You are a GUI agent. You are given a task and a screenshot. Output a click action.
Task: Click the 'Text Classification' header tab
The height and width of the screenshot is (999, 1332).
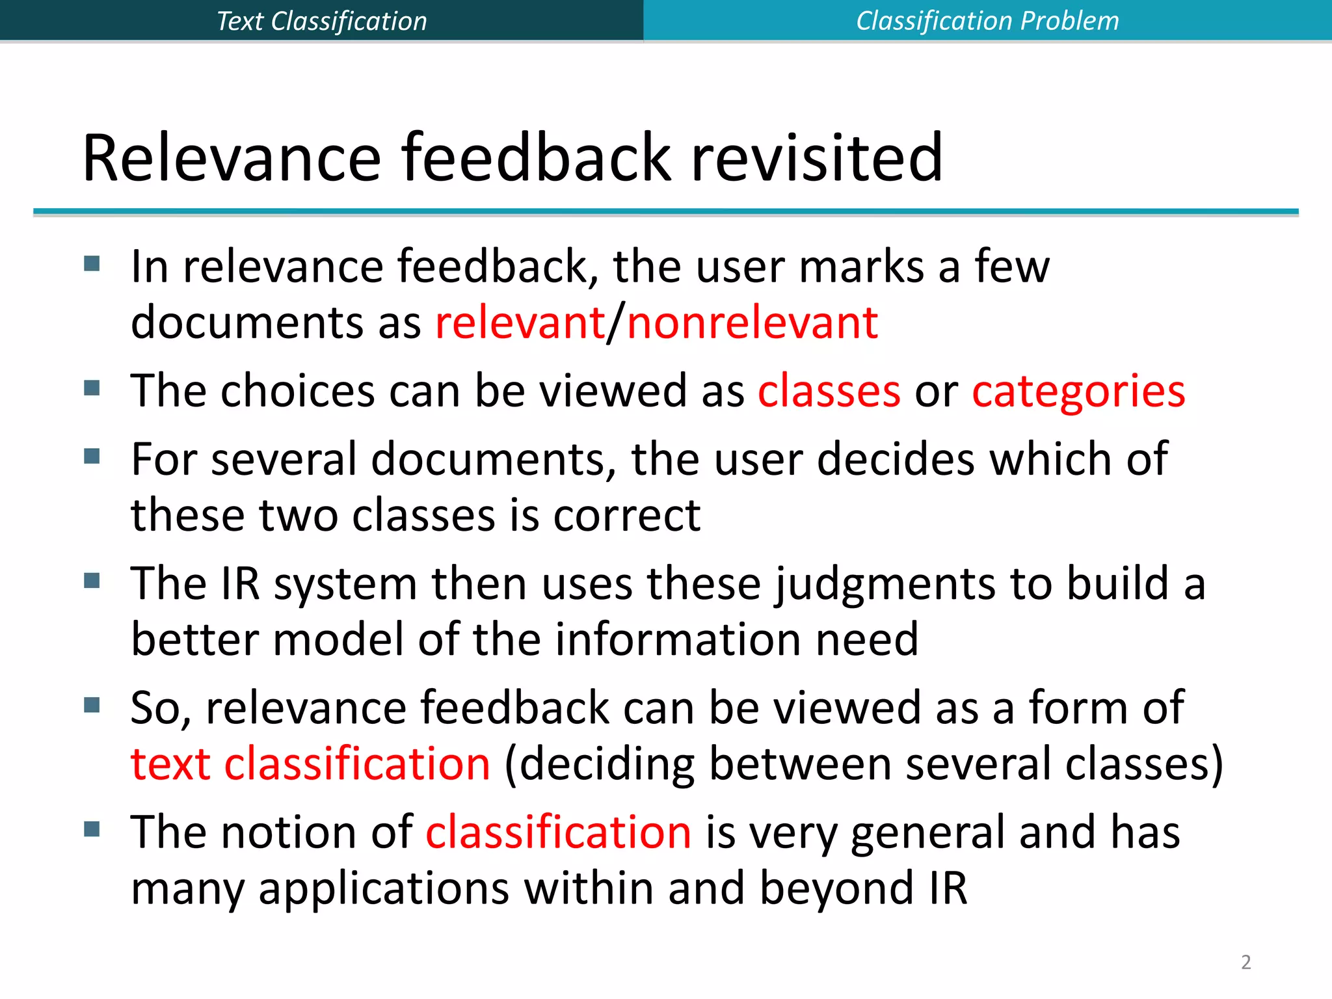coord(321,21)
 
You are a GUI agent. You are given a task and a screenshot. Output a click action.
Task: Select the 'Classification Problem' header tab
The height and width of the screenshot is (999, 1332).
coord(987,21)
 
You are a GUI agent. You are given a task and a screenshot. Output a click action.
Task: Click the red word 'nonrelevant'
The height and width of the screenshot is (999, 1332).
coord(753,323)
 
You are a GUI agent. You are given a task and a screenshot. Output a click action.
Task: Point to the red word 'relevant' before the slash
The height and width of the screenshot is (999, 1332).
coord(520,323)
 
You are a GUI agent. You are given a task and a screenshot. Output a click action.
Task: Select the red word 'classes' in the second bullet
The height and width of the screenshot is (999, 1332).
coord(829,391)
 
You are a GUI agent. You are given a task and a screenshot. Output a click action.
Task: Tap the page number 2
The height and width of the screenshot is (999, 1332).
coord(1245,962)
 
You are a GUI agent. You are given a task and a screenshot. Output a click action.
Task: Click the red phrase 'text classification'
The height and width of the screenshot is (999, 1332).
coord(310,764)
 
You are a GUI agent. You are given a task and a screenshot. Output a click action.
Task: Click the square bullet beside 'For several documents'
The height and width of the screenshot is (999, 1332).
coord(92,456)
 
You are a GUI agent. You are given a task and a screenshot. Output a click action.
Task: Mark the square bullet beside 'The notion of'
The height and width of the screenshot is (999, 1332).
coord(92,829)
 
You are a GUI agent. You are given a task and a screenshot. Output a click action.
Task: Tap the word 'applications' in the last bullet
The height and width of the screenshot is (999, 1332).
coord(384,889)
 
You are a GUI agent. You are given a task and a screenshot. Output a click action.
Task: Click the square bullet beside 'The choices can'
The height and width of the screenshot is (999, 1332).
coord(92,388)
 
